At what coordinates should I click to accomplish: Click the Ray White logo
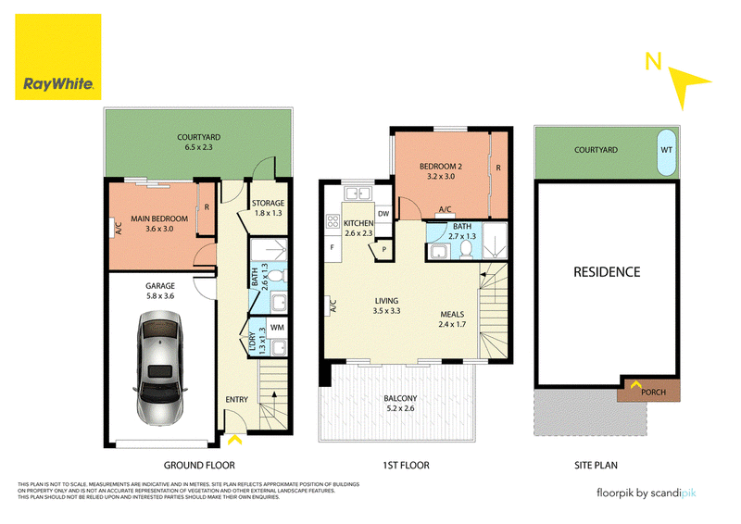[58, 56]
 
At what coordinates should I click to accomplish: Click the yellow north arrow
[686, 85]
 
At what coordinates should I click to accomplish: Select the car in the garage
[160, 368]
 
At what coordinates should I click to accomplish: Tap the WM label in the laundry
[277, 327]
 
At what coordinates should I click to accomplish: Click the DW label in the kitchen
[383, 214]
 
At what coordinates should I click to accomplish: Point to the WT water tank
[666, 152]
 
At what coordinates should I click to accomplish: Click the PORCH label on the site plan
[654, 393]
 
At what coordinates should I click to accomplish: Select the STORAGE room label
[268, 203]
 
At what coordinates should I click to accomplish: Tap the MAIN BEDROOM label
[159, 218]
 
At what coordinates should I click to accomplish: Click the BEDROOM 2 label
[441, 167]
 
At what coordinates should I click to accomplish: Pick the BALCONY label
[400, 398]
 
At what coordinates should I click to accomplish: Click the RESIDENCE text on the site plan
[607, 271]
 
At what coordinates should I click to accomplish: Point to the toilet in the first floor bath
[467, 250]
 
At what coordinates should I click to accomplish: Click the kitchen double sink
[358, 193]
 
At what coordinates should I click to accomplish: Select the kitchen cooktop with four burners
[333, 220]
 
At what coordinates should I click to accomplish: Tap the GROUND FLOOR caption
[199, 466]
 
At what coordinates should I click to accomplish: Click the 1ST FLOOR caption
[406, 466]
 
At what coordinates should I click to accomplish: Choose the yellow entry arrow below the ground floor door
[235, 441]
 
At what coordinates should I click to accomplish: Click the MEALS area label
[452, 314]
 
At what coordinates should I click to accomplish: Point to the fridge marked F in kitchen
[333, 247]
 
